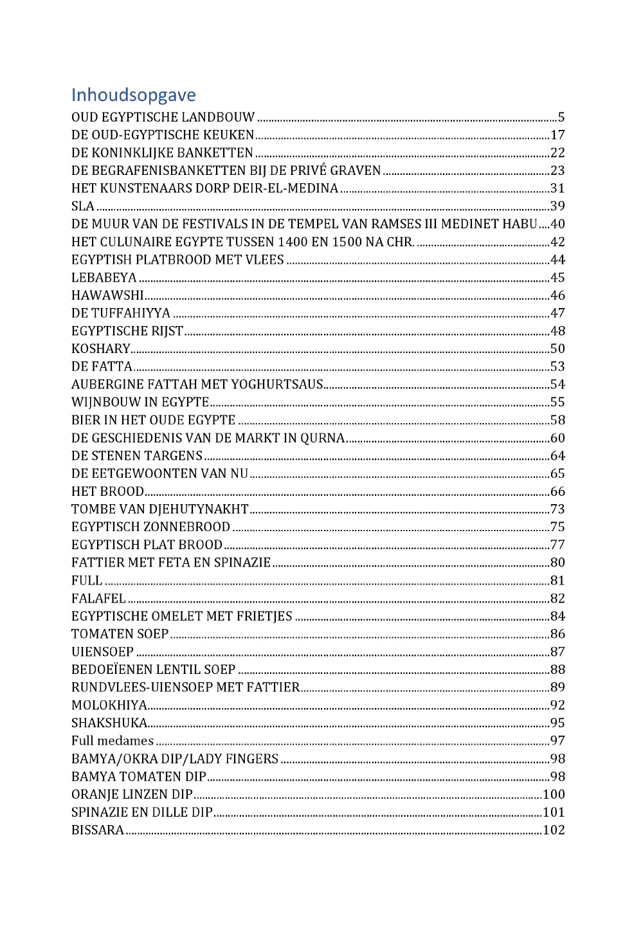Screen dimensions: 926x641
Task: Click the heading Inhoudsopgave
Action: coord(134,95)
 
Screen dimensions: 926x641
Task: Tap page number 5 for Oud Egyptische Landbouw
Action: coord(561,117)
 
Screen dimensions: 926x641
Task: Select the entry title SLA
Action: coord(83,206)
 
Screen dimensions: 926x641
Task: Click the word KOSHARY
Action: coord(101,349)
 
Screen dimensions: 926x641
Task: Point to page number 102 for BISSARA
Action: coord(554,830)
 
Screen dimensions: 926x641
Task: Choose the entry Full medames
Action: coord(113,741)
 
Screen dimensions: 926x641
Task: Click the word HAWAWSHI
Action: coord(107,295)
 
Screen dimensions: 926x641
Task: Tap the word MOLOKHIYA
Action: coord(109,705)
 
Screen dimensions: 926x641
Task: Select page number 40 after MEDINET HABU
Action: coord(557,224)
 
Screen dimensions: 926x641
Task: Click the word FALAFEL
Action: coord(98,599)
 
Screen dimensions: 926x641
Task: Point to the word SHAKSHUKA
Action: coord(109,723)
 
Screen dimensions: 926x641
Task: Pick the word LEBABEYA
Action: coord(104,278)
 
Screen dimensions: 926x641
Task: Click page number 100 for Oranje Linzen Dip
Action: coord(554,795)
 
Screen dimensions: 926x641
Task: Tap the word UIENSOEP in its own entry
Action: coord(102,652)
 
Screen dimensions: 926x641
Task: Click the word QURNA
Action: coord(323,438)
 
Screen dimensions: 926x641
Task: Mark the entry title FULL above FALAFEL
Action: coord(87,581)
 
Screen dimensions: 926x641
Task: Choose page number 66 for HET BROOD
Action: coord(557,491)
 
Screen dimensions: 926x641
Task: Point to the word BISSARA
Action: coord(98,830)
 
